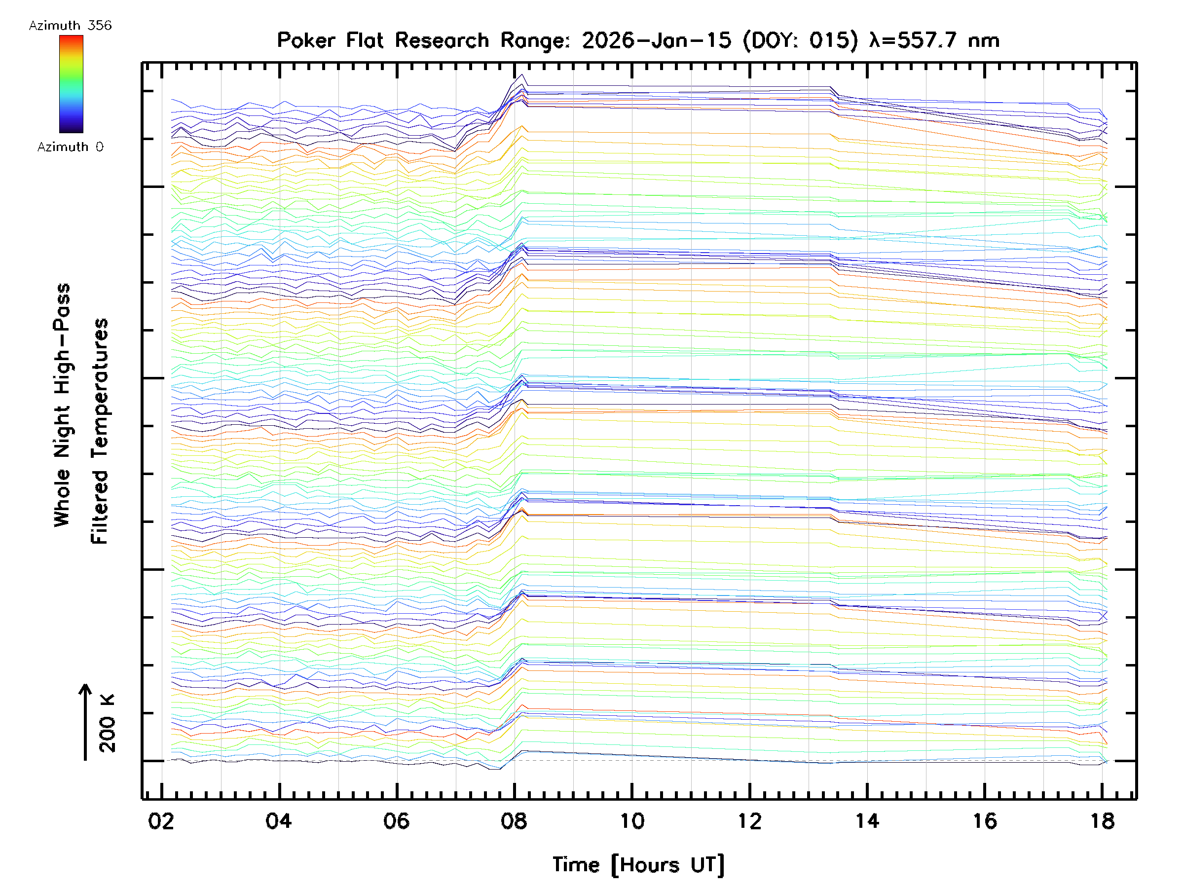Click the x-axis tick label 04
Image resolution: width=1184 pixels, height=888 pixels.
[x=278, y=821]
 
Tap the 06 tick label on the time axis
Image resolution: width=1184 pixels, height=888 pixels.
[x=396, y=821]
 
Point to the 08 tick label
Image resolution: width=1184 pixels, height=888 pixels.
[x=514, y=821]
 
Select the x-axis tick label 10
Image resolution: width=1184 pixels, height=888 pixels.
[x=631, y=821]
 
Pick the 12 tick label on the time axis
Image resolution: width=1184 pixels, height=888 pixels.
[x=749, y=821]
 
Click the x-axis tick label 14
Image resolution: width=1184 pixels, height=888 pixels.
[x=867, y=821]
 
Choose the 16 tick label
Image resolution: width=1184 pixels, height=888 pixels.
[x=985, y=821]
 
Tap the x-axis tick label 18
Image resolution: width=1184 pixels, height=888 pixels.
[x=1103, y=821]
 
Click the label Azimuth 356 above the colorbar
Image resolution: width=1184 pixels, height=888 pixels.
[x=70, y=26]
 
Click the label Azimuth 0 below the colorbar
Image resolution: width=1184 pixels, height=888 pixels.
[x=70, y=147]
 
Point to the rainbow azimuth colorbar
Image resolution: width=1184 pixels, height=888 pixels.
[x=71, y=84]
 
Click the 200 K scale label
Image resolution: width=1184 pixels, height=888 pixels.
[x=107, y=723]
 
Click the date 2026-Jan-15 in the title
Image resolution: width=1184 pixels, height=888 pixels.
[x=656, y=40]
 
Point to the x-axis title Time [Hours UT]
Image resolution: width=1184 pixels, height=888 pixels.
[x=638, y=865]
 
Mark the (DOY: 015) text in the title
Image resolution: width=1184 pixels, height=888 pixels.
[x=800, y=40]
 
